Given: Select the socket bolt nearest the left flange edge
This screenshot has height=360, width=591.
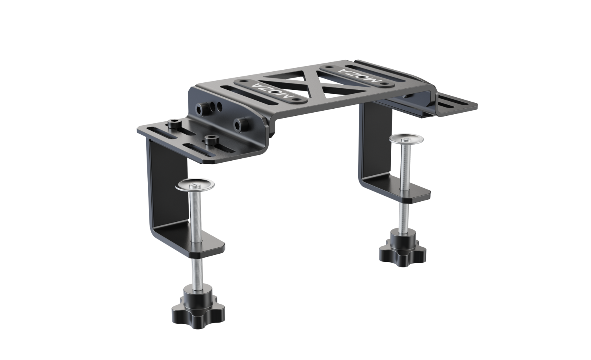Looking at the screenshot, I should coord(174,124).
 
